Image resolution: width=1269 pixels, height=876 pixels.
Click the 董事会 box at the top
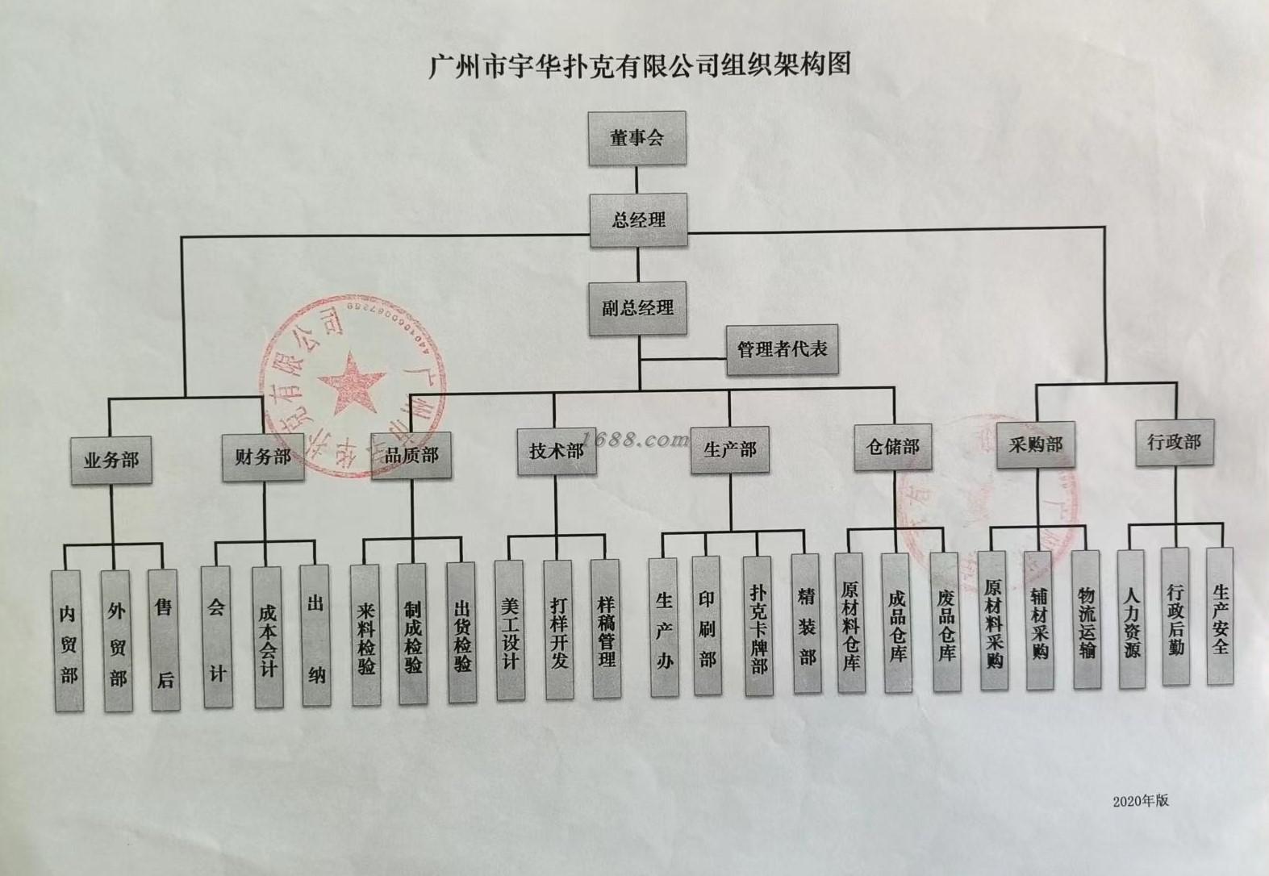[637, 138]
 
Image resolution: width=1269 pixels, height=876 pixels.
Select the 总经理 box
[638, 219]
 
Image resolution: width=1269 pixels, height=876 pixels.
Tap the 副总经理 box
[637, 307]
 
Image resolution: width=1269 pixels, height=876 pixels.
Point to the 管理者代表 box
[782, 349]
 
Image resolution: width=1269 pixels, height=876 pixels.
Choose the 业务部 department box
[111, 460]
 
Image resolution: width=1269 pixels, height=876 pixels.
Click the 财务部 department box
[263, 457]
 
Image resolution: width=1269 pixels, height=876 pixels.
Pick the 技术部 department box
[556, 450]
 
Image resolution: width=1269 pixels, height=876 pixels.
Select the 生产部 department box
[730, 449]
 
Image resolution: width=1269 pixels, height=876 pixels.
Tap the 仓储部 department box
[892, 446]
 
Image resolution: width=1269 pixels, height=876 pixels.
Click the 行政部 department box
[1175, 442]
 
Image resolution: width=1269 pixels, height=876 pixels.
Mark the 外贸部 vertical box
[118, 641]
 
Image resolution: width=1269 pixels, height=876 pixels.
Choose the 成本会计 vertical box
[267, 637]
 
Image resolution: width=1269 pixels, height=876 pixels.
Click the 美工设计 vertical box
[509, 630]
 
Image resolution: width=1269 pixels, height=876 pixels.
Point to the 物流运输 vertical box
[1087, 619]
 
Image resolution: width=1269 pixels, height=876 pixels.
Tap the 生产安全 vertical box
[1220, 616]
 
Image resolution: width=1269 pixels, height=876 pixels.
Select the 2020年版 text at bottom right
[1141, 801]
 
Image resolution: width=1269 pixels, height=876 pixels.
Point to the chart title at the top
[639, 65]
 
